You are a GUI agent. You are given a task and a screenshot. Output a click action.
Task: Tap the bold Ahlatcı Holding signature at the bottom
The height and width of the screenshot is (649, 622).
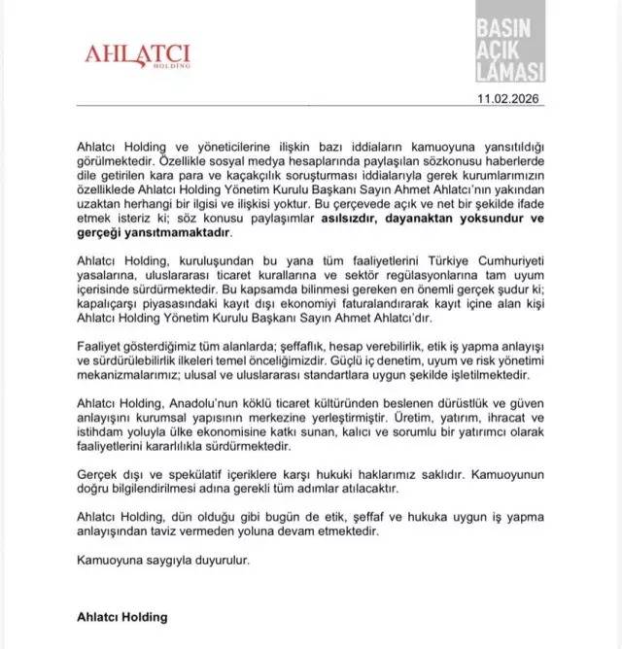pos(121,616)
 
